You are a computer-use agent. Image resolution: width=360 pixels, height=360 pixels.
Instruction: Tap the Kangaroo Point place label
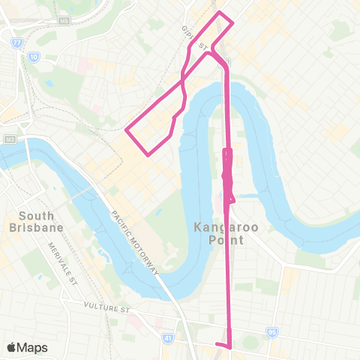tap(220, 233)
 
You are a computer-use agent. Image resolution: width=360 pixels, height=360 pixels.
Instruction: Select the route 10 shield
tap(34, 57)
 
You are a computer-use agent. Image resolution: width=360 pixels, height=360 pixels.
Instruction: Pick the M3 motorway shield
tap(9, 139)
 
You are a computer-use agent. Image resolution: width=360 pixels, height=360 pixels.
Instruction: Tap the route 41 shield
tap(170, 338)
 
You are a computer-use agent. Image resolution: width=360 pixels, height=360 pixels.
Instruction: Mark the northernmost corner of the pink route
tap(220, 12)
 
